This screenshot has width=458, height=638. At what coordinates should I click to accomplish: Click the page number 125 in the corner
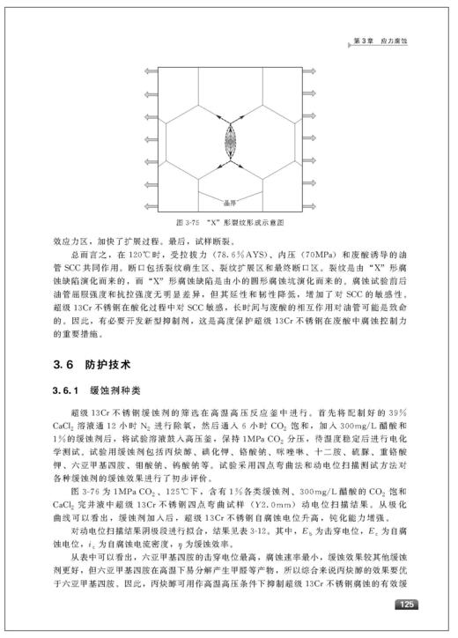[x=406, y=605]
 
